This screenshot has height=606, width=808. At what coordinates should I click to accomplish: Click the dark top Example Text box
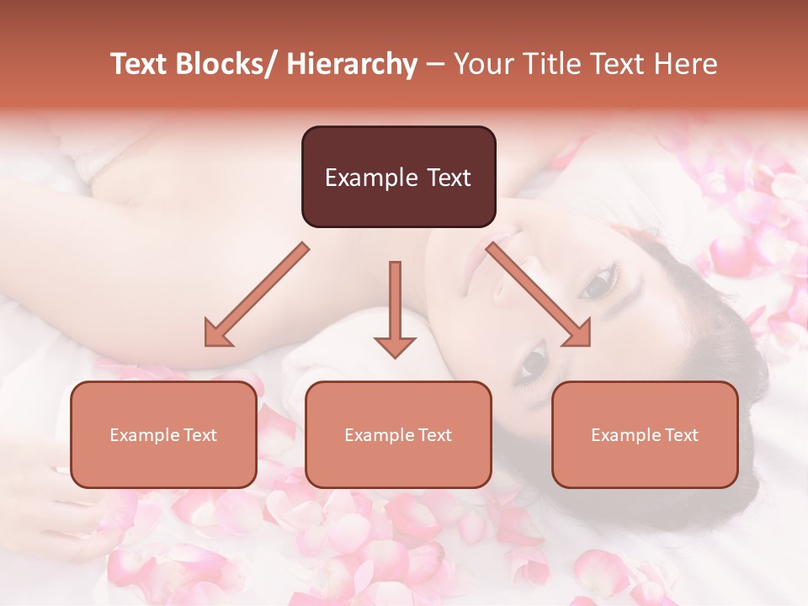398,177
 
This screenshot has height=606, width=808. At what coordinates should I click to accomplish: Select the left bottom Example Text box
163,434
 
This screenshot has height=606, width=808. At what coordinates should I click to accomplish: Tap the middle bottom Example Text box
398,434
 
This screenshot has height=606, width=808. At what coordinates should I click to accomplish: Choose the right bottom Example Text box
645,434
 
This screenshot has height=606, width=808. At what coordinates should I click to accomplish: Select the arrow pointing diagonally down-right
539,295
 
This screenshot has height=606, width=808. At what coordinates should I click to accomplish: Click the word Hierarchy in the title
352,64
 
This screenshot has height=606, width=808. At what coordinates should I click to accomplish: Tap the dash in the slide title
435,64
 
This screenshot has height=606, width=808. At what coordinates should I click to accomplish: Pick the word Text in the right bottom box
681,435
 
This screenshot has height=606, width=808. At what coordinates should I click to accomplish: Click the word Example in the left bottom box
144,435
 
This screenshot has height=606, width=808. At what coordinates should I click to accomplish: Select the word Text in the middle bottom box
434,435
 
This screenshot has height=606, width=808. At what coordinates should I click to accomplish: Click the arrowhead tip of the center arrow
395,356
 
